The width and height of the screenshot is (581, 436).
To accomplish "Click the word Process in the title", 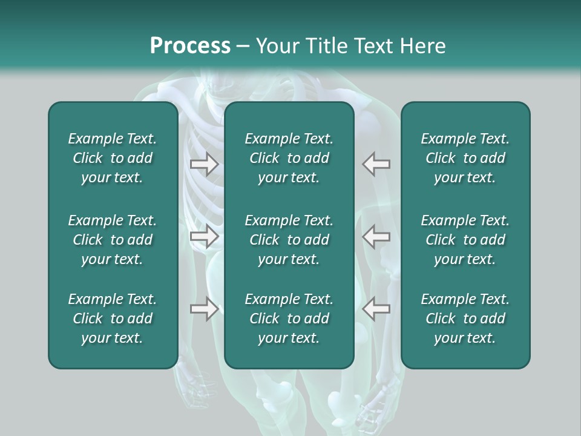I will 190,46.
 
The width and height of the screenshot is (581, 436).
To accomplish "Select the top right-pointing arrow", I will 204,164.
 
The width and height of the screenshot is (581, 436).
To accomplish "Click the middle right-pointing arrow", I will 204,236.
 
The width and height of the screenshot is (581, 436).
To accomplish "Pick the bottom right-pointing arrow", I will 204,309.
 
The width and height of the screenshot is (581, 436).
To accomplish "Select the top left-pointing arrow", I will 376,164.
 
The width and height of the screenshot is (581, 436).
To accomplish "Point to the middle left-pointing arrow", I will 376,236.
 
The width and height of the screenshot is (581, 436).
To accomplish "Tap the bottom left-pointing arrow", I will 376,309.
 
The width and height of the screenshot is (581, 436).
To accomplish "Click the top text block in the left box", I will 113,158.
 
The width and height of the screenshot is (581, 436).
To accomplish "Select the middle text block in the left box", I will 113,240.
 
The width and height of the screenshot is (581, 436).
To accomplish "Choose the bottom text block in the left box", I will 113,319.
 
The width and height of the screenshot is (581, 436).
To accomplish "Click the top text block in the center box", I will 289,158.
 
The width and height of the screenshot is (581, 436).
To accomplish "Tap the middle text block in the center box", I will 289,240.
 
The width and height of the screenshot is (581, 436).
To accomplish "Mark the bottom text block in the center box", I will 289,319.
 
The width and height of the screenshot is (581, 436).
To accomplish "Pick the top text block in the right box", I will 465,158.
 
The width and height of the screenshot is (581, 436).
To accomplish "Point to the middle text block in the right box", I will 465,240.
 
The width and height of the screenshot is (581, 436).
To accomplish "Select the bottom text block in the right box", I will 465,319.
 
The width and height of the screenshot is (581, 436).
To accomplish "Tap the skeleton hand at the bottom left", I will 197,391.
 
